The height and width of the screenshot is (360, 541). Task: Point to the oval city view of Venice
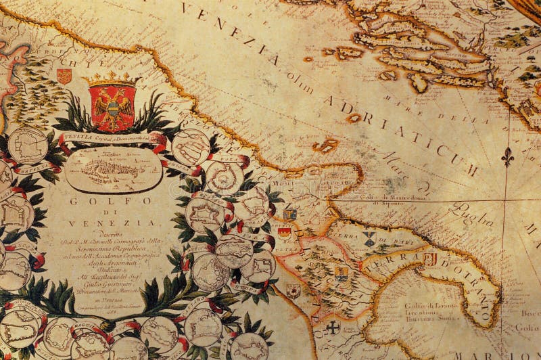tap(114, 169)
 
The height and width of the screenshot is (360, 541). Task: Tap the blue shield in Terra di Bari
tap(369, 238)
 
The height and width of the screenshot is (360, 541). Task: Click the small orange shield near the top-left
tap(64, 76)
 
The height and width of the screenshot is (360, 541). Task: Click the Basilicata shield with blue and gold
tap(342, 273)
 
